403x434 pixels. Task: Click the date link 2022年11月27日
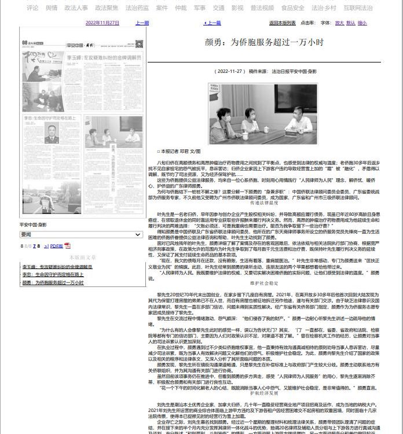(102, 23)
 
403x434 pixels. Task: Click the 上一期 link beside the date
(142, 23)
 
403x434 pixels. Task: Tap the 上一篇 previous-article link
(213, 23)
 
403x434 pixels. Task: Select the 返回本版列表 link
(283, 23)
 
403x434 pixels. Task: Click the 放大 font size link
(339, 23)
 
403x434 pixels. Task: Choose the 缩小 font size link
(362, 23)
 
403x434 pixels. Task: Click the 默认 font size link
(351, 23)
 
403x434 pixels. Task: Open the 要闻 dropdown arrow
(138, 234)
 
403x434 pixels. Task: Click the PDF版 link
(56, 246)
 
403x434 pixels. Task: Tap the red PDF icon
(67, 246)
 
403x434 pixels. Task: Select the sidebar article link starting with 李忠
(53, 275)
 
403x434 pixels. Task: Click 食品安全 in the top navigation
(292, 8)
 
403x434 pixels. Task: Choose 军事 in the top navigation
(199, 8)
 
